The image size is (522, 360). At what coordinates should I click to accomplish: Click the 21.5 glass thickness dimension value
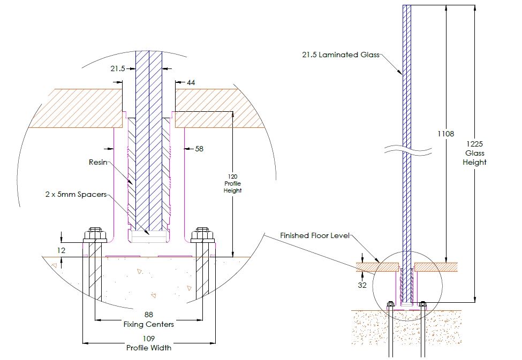point(118,68)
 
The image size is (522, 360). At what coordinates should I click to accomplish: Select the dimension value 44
point(191,82)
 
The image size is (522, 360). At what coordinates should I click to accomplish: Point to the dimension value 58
point(199,149)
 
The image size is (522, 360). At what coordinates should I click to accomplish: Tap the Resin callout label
point(98,163)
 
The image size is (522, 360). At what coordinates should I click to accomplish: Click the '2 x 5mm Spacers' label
point(76,194)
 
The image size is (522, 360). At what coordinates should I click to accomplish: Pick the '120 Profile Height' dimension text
point(233,183)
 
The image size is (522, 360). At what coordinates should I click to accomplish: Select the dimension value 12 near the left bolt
point(61,250)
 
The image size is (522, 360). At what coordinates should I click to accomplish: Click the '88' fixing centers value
point(148,315)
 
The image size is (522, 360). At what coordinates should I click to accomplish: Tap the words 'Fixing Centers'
point(148,324)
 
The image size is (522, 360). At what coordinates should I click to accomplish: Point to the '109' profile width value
point(148,339)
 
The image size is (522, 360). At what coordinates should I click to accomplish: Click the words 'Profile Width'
point(148,348)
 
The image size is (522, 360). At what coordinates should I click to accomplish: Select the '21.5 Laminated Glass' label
point(341,55)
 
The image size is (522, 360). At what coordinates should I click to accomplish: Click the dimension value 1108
point(446,134)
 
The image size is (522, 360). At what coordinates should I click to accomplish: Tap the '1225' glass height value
point(474,144)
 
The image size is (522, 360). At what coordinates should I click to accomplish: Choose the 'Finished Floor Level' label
point(315,235)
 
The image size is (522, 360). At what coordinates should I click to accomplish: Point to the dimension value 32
point(362,285)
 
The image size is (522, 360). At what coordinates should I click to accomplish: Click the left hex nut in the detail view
point(95,235)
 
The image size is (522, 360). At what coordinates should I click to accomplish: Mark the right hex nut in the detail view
point(202,235)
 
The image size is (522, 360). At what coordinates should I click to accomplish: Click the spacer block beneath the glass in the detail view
point(148,237)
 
